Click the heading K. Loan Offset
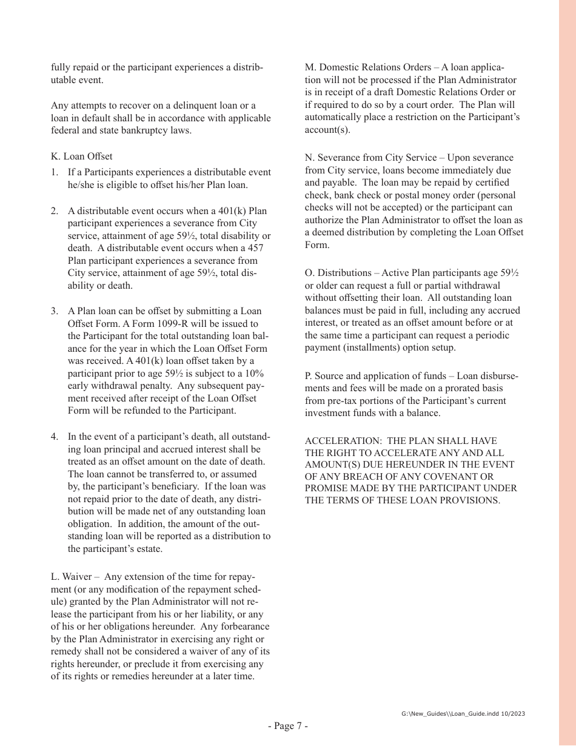click(x=81, y=156)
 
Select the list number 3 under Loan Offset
click(x=55, y=311)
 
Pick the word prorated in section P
click(x=444, y=388)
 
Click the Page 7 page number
click(x=288, y=726)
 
